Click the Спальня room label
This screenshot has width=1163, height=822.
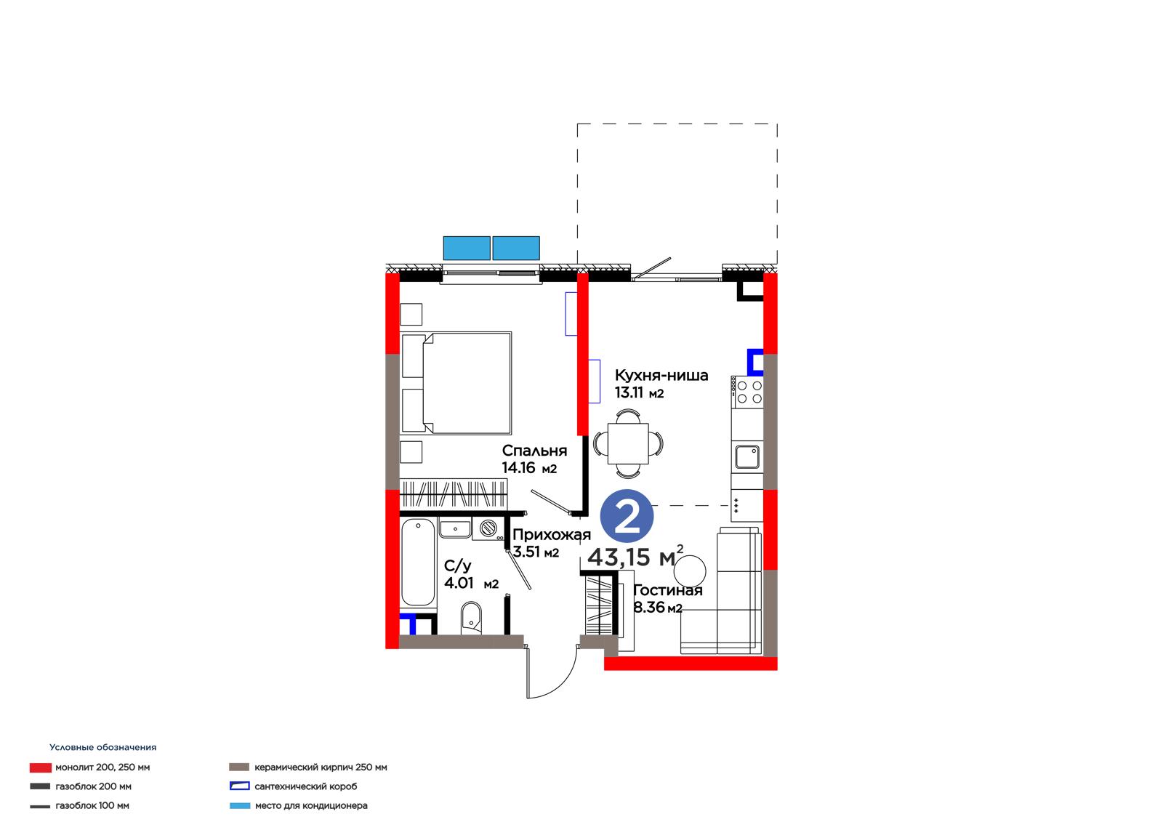534,451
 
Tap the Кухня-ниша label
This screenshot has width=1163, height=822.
661,375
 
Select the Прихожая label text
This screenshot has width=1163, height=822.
552,535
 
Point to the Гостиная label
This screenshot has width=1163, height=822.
668,590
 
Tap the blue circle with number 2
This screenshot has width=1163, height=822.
627,517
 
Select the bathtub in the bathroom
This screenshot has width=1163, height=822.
418,563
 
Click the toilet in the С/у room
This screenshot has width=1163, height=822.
471,618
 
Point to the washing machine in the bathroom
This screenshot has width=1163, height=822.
488,528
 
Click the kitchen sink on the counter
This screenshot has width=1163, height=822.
747,457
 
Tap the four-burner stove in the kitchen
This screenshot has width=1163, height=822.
748,392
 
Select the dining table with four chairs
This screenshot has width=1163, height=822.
628,444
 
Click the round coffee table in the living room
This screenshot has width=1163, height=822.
690,571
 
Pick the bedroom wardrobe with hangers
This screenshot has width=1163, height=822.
454,493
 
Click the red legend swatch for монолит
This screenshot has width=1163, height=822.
41,767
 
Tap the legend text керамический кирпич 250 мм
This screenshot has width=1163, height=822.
321,767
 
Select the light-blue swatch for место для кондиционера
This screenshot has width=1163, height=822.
240,806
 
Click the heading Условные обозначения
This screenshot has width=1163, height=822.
102,747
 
